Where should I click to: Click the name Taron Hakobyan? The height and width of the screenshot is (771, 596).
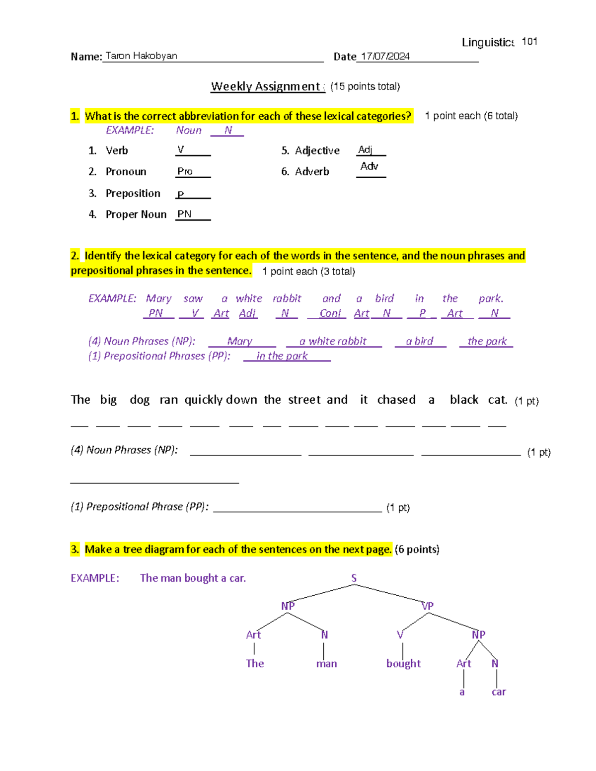click(x=141, y=56)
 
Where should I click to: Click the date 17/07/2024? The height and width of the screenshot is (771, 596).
click(x=385, y=56)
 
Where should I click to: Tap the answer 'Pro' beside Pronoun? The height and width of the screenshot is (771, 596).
click(x=185, y=171)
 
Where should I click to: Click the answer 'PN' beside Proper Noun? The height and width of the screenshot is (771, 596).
click(x=184, y=214)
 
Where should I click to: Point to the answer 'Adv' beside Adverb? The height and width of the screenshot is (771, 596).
click(x=369, y=166)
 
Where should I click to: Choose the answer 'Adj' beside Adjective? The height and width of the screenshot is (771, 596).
click(x=365, y=149)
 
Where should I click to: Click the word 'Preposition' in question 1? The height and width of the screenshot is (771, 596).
click(x=133, y=193)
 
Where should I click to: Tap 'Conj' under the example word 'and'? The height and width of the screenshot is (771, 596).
click(x=330, y=313)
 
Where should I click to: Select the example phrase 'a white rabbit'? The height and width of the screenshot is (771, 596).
click(x=333, y=341)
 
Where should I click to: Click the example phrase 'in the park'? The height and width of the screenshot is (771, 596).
click(x=282, y=356)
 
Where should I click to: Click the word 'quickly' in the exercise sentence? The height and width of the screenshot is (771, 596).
click(x=204, y=400)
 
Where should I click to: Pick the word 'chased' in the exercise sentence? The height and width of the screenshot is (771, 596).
click(x=396, y=400)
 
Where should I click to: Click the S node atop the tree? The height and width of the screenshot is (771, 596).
click(x=354, y=578)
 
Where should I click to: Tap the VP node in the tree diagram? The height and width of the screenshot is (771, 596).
click(x=427, y=606)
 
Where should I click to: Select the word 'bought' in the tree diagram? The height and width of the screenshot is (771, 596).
click(x=403, y=663)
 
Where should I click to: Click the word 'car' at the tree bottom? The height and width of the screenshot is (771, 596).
click(x=499, y=692)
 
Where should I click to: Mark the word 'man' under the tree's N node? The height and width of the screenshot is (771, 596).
click(x=326, y=664)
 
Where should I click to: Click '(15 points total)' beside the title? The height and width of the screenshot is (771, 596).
click(x=365, y=86)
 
